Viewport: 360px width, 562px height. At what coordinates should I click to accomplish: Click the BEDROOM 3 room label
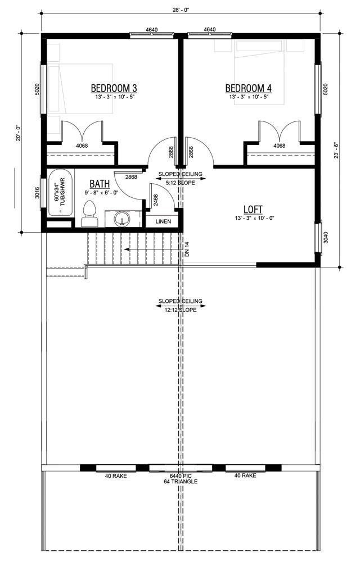pyautogui.click(x=114, y=88)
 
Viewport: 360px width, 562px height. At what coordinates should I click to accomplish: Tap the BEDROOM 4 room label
pyautogui.click(x=249, y=88)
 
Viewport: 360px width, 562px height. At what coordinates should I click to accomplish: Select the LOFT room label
pyautogui.click(x=253, y=209)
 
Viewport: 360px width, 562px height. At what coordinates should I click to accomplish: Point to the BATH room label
pyautogui.click(x=100, y=184)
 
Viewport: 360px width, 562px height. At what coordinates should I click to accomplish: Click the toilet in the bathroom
pyautogui.click(x=89, y=214)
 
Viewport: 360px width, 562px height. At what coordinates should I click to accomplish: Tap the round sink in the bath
pyautogui.click(x=122, y=219)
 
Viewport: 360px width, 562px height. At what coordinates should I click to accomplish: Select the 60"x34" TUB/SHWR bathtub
pyautogui.click(x=61, y=193)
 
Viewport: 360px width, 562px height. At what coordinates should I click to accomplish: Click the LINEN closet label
pyautogui.click(x=163, y=221)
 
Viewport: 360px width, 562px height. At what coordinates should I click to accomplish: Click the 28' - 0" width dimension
pyautogui.click(x=181, y=10)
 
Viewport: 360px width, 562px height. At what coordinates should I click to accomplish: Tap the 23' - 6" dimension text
pyautogui.click(x=336, y=151)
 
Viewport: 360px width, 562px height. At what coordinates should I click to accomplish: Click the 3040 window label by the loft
pyautogui.click(x=326, y=237)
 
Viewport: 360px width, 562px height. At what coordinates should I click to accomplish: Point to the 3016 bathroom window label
pyautogui.click(x=37, y=193)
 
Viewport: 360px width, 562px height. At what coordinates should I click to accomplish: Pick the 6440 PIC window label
pyautogui.click(x=181, y=476)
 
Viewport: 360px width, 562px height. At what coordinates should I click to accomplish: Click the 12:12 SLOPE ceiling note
pyautogui.click(x=181, y=310)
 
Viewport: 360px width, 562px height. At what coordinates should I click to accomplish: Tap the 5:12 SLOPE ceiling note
pyautogui.click(x=181, y=183)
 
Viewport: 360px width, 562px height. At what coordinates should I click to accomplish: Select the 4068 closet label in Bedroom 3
pyautogui.click(x=82, y=146)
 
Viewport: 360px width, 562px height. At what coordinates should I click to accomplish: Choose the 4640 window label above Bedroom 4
pyautogui.click(x=210, y=29)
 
